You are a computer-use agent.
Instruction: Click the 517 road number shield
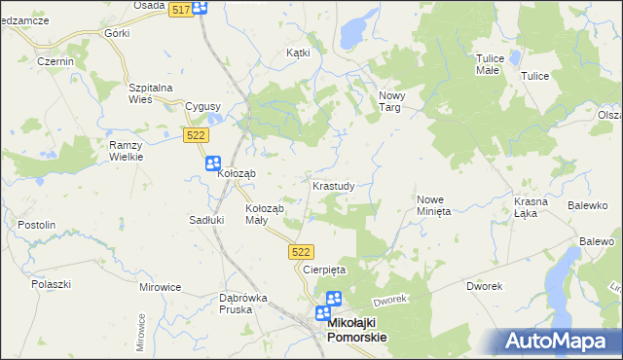(179, 9)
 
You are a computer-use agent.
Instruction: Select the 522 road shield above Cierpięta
(301, 252)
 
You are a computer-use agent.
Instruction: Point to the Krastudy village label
(339, 184)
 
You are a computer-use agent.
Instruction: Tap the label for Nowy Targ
(391, 101)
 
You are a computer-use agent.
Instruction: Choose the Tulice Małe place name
(488, 64)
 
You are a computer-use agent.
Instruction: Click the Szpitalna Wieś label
(151, 93)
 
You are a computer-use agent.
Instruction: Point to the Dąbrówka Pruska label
(223, 303)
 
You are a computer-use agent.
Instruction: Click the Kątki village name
(298, 53)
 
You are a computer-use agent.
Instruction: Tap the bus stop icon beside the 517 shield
(200, 8)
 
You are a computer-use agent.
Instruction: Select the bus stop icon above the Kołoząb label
(213, 163)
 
